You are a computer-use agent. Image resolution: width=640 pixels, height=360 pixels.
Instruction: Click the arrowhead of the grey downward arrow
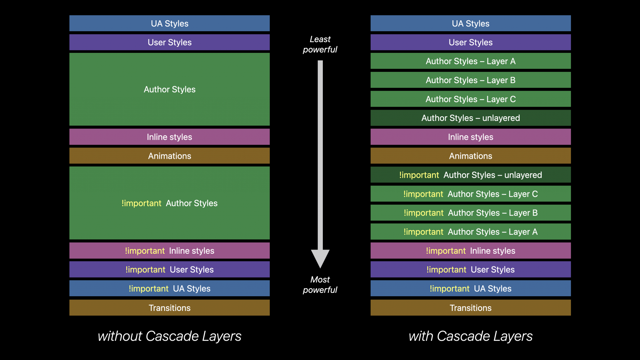320,258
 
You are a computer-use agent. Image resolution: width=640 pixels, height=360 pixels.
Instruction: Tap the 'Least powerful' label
320,44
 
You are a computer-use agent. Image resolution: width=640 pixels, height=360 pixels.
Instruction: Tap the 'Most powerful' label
320,285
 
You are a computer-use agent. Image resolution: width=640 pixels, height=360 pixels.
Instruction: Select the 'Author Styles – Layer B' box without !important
471,80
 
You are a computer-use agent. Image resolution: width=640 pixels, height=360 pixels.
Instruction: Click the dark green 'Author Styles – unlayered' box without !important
471,118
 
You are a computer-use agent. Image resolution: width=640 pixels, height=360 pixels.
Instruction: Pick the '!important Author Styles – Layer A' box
471,232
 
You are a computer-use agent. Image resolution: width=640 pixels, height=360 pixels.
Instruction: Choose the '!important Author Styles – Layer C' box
471,194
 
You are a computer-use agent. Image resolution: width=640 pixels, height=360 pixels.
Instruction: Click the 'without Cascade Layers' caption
169,336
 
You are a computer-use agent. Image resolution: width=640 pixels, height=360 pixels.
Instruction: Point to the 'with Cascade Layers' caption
471,336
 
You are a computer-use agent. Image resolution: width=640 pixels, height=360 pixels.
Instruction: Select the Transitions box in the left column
169,308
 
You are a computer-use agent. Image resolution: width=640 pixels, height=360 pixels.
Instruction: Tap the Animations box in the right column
471,156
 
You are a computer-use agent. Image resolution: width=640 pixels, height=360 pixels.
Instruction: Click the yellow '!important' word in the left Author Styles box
142,203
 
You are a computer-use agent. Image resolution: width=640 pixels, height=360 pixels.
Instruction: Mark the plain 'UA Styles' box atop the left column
169,23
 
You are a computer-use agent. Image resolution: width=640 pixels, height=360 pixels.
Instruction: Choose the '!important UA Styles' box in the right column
471,288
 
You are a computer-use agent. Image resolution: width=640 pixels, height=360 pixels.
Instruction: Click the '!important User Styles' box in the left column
169,269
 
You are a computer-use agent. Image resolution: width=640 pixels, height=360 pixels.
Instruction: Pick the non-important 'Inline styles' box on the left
169,137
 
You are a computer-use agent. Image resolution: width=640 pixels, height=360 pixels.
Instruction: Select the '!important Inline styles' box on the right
471,251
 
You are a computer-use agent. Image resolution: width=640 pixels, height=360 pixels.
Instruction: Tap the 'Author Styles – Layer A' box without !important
471,61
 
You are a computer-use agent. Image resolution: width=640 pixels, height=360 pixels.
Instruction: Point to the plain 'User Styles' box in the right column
471,42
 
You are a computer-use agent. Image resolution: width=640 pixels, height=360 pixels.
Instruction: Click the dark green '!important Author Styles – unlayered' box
471,175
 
